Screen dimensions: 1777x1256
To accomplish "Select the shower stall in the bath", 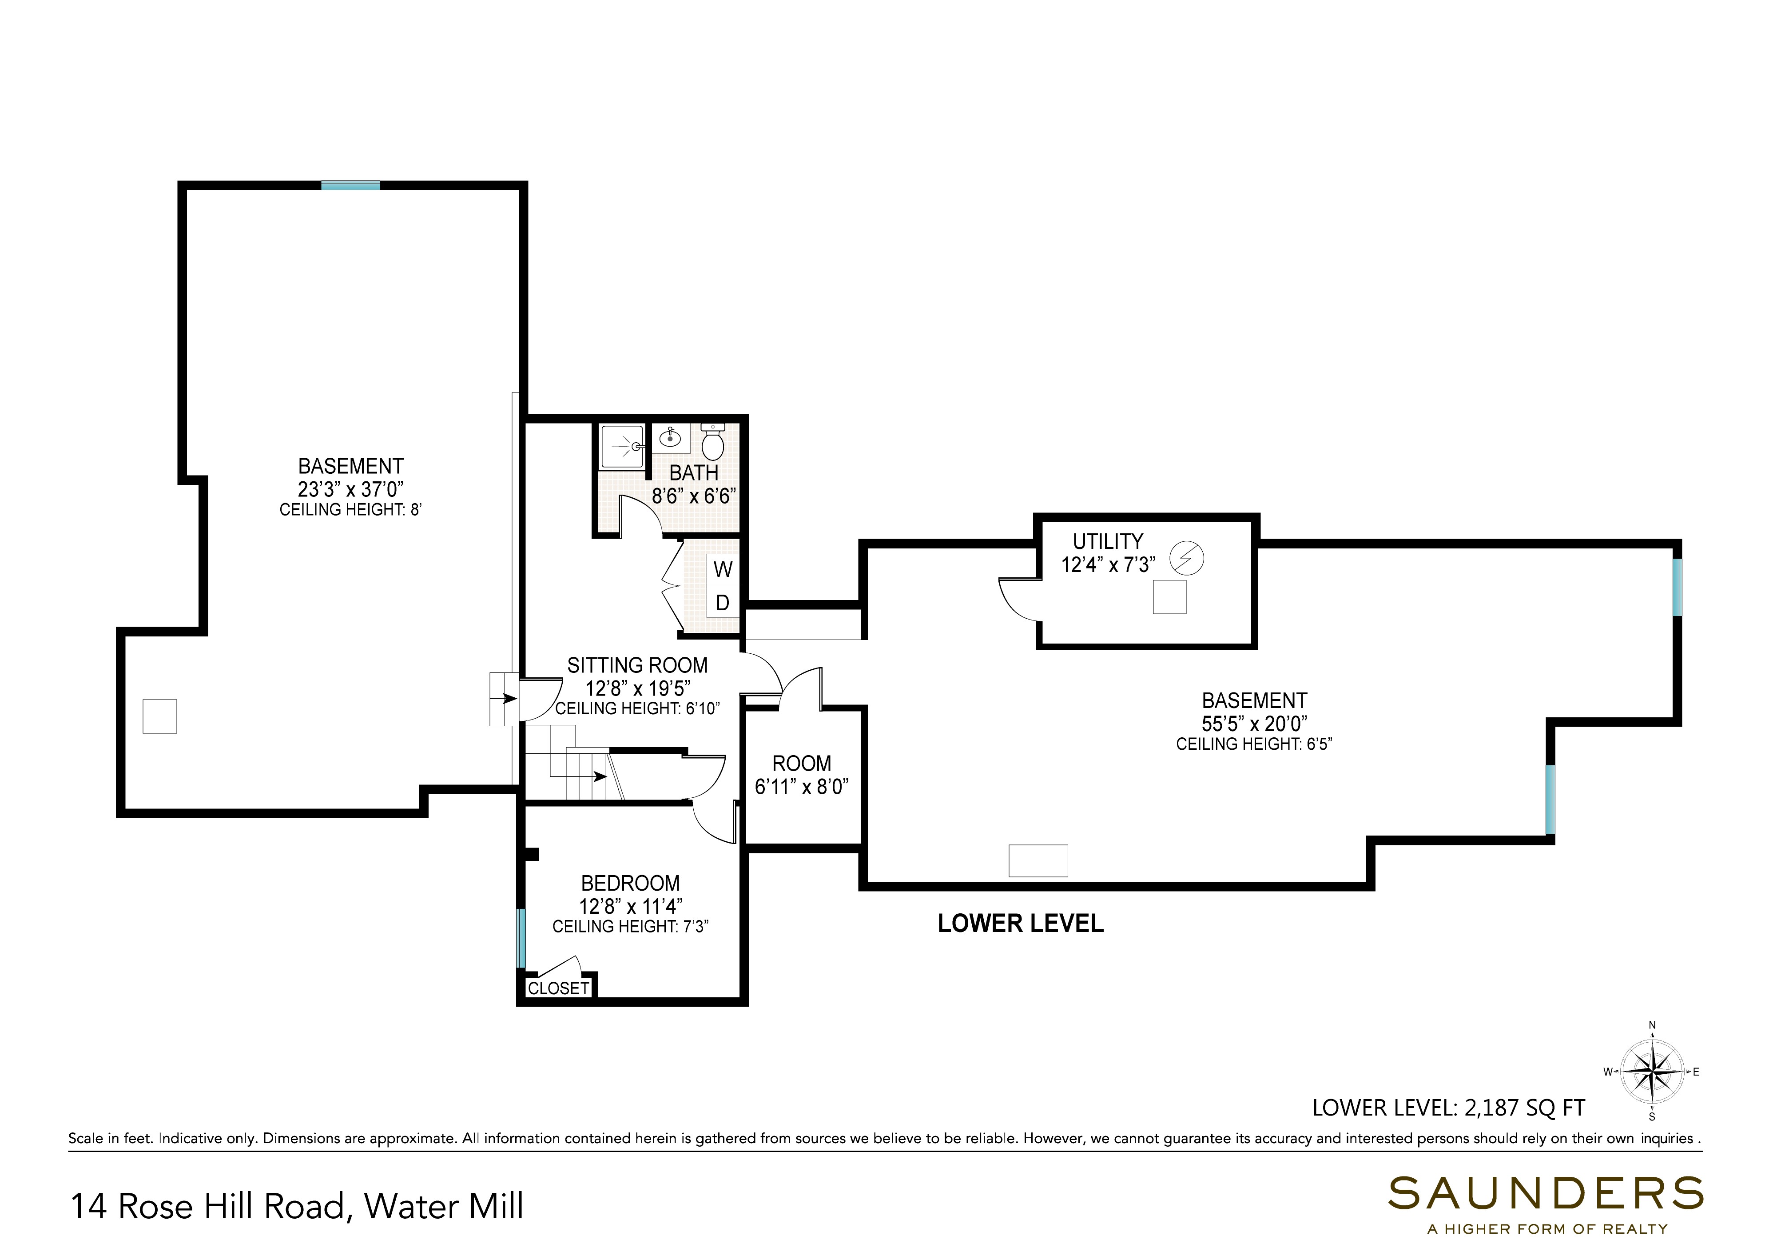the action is (x=623, y=447).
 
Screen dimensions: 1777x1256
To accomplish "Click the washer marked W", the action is (x=723, y=570).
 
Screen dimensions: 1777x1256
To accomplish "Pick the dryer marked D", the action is (x=723, y=603).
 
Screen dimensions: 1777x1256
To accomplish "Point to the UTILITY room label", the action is (x=1108, y=541).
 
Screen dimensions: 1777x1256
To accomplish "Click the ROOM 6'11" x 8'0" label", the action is (x=802, y=774).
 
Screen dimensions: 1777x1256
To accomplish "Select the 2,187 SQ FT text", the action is (x=1525, y=1108).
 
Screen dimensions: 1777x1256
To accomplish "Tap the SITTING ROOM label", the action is (x=637, y=665).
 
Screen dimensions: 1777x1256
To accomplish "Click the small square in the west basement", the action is (x=159, y=716).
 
